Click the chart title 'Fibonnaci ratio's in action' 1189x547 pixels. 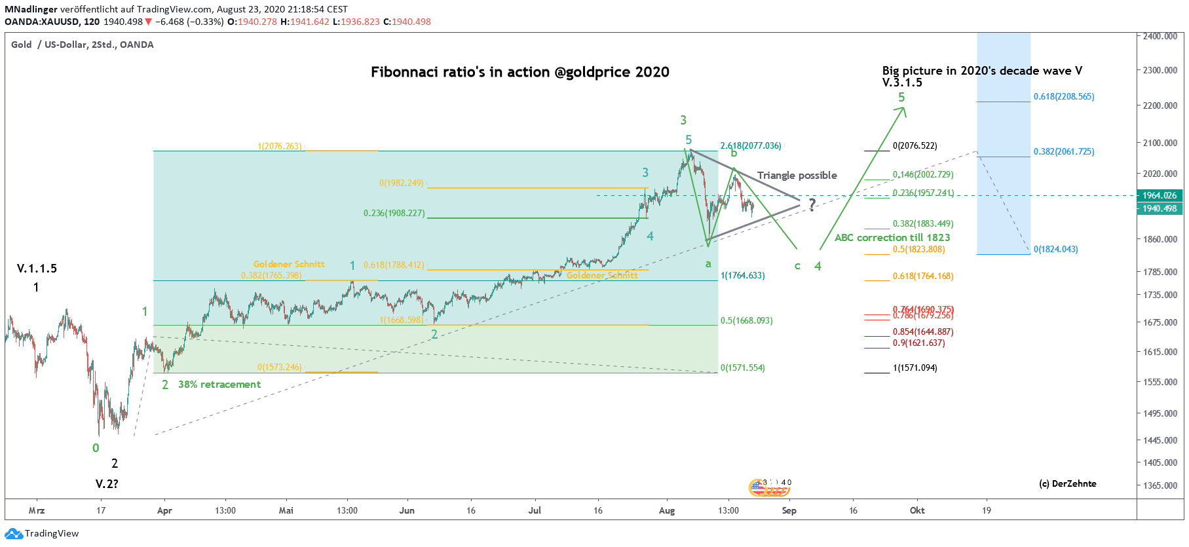coord(519,72)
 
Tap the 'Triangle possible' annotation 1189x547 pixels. coord(797,176)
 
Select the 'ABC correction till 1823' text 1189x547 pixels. coord(892,238)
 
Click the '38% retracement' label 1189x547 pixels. coord(219,385)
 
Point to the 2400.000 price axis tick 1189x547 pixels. coord(1160,36)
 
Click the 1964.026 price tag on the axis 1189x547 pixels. coord(1160,195)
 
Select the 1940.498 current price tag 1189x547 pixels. coord(1160,208)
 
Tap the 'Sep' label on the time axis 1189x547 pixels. coord(789,510)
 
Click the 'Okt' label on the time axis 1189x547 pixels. coord(916,510)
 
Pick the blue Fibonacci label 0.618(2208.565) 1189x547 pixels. coord(1063,96)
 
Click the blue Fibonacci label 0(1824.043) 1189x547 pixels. coord(1055,249)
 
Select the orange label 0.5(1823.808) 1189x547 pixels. coord(918,249)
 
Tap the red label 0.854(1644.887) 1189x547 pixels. coord(923,331)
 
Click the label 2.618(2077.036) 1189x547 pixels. coord(751,145)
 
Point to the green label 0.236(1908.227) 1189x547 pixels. coord(394,213)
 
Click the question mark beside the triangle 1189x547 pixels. coord(812,204)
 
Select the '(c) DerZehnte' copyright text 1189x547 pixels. coord(1067,483)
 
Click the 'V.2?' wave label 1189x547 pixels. coord(107,484)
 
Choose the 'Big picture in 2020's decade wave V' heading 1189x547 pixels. coord(981,71)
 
